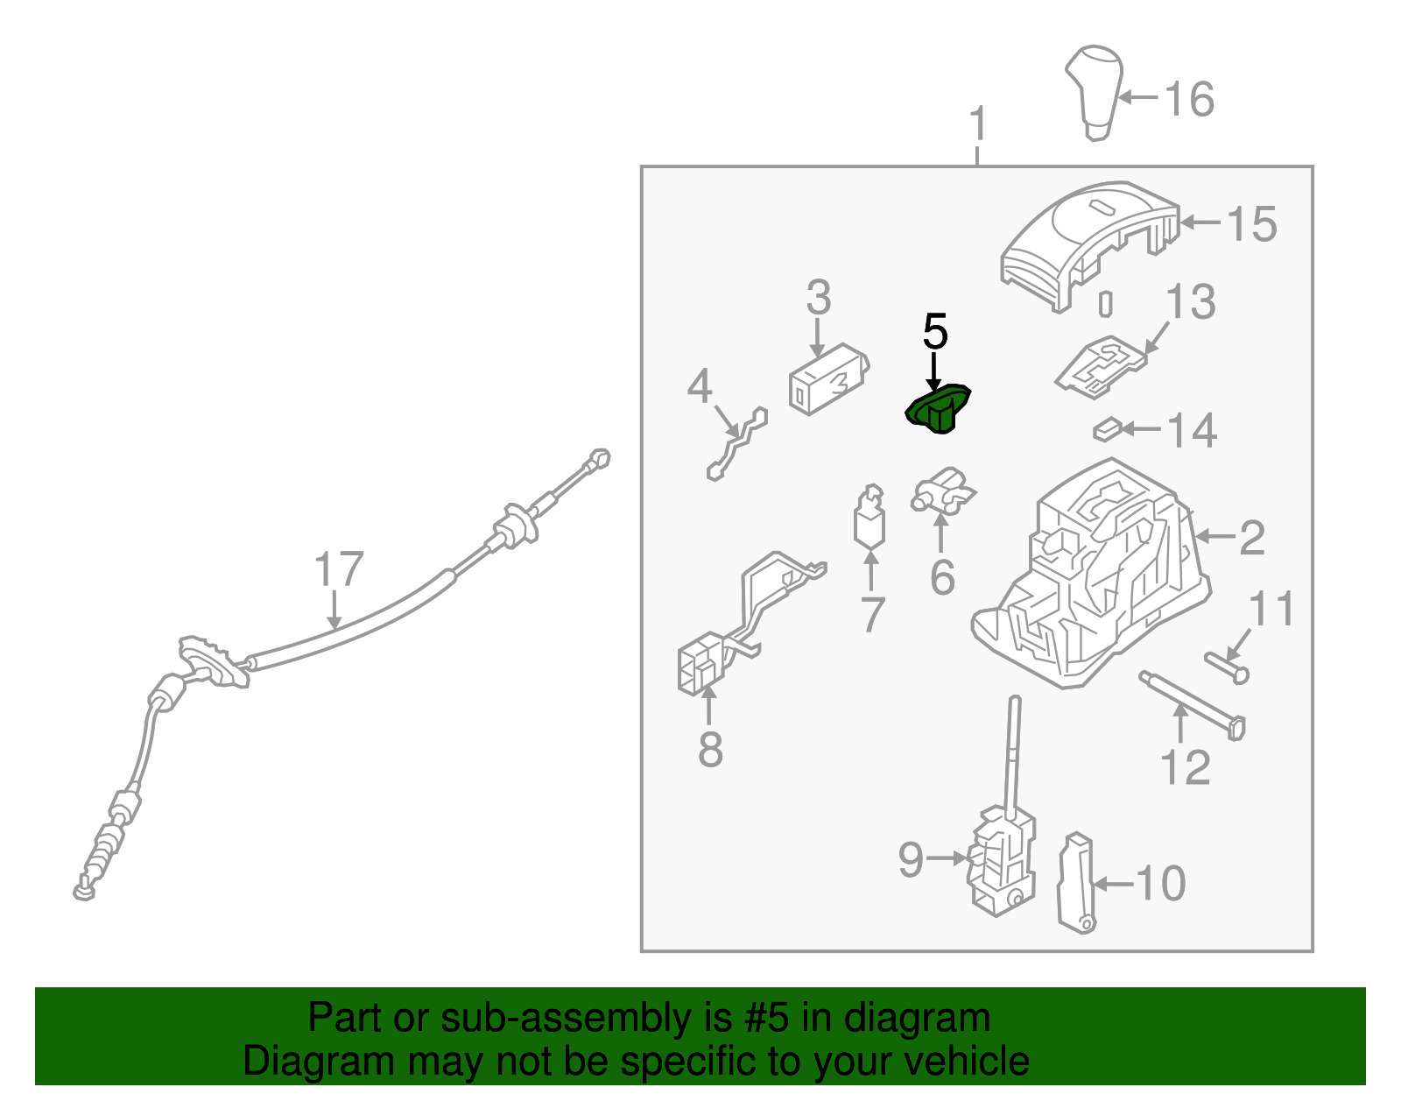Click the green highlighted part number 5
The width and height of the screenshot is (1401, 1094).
coord(938,408)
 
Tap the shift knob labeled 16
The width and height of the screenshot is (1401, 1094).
coord(1095,93)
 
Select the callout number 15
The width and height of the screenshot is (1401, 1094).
coord(1250,223)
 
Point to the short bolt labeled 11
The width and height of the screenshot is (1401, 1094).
coord(1227,667)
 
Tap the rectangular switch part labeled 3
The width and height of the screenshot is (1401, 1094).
coord(829,379)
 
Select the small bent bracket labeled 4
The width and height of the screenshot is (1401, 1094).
coord(737,443)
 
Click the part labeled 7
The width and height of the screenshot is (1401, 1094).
coord(869,517)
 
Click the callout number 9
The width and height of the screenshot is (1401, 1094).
coord(911,859)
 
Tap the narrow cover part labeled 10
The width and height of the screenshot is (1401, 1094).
coord(1075,883)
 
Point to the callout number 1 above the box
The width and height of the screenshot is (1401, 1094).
coord(978,124)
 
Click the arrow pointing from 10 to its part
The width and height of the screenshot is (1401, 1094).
coord(1114,884)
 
